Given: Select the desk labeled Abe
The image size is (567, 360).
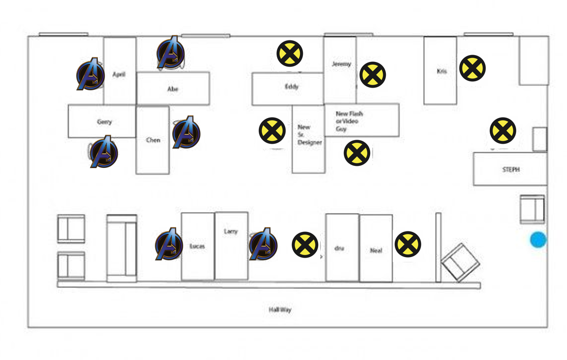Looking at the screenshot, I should point(173,88).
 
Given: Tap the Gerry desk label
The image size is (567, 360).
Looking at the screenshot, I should point(104,122).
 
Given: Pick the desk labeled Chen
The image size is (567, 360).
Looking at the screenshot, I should point(153,140).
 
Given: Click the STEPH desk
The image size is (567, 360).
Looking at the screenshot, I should point(510,169).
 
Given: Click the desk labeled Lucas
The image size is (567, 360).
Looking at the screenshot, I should point(197,246).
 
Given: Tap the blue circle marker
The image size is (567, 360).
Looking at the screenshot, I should point(538,240).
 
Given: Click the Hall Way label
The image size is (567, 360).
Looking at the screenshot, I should point(280,310).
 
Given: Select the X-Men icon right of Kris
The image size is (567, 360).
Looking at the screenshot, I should point(472,68).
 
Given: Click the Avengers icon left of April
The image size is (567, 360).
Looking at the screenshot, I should point(91,75).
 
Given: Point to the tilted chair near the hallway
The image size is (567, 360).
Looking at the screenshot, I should point(460,262).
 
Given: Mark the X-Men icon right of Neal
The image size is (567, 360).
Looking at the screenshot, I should point(408,245).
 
